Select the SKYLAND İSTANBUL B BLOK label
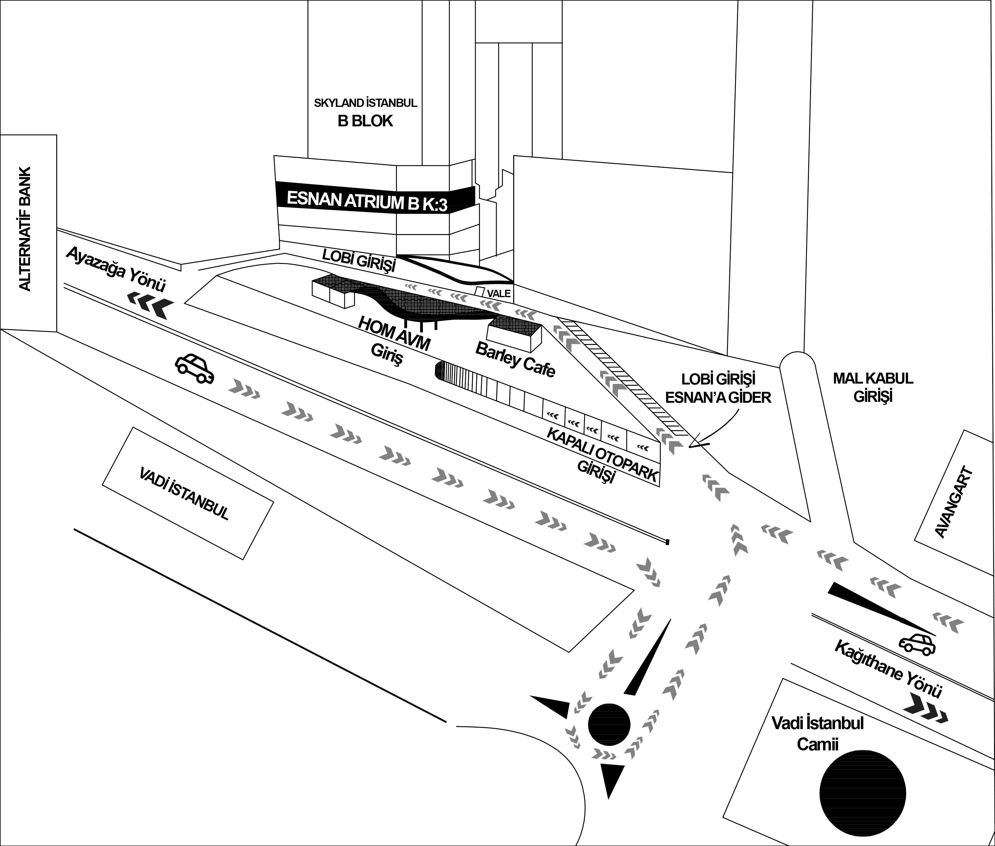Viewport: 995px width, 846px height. (x=365, y=113)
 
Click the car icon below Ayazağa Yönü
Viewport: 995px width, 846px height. (x=194, y=369)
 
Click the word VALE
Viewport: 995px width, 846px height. (x=499, y=293)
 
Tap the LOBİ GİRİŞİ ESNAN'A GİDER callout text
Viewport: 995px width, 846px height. (x=718, y=388)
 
